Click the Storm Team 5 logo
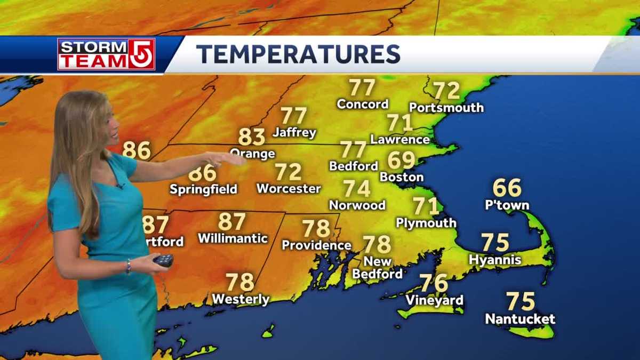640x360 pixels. click(106, 54)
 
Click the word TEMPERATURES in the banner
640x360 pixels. click(298, 54)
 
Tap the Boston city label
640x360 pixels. click(402, 177)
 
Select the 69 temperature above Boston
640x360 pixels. click(401, 160)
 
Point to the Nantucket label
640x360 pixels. click(520, 319)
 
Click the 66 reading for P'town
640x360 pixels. click(507, 188)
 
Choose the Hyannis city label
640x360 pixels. click(495, 260)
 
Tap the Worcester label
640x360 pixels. click(289, 189)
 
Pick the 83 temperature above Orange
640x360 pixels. click(251, 137)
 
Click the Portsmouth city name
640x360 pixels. click(446, 108)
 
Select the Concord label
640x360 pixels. click(363, 104)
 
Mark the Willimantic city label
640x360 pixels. click(233, 238)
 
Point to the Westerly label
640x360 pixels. click(241, 299)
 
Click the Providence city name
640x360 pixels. click(316, 245)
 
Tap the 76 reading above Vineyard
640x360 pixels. click(434, 283)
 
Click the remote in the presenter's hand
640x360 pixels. click(163, 260)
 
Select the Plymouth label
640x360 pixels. click(426, 222)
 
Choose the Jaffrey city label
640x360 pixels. click(294, 132)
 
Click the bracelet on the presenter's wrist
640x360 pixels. click(128, 266)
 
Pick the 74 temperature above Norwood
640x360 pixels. click(357, 188)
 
